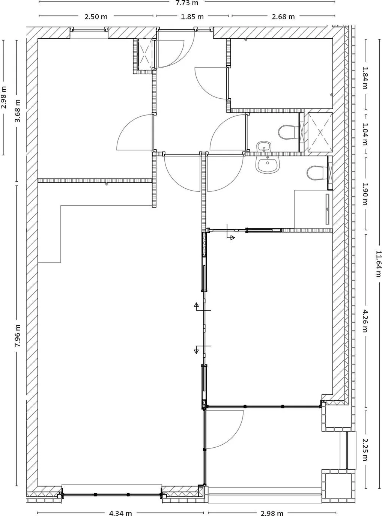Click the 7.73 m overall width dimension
tap(186, 3)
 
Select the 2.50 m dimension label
tap(96, 17)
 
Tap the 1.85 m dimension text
tap(192, 17)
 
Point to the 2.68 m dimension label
tap(283, 17)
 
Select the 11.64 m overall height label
tap(378, 264)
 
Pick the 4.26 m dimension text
tap(364, 321)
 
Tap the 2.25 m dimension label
tap(364, 450)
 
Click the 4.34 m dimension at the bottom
tap(120, 513)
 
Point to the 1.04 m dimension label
tap(364, 134)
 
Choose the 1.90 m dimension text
tap(364, 194)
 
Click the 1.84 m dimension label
tap(364, 78)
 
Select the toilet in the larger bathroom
tap(316, 173)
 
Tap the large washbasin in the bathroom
tap(267, 165)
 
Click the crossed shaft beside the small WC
tap(320, 132)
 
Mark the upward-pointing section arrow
tap(196, 306)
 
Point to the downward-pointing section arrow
tap(196, 351)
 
